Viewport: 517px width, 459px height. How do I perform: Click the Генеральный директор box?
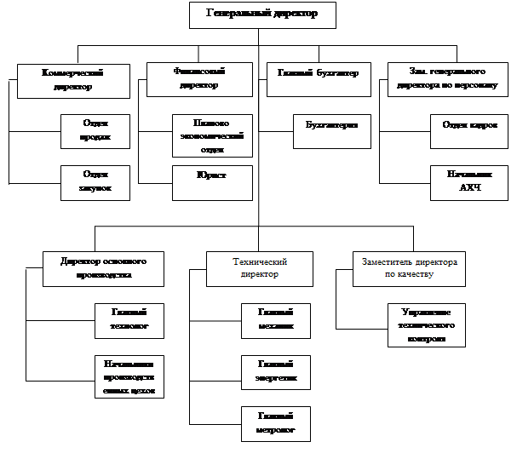tap(261, 14)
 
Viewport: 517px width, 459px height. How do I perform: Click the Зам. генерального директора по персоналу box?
tap(441, 80)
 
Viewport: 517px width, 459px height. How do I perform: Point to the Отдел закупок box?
tap(95, 182)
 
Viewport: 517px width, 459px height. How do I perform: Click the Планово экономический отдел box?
tap(212, 135)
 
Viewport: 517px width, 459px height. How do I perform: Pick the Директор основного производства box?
tap(103, 268)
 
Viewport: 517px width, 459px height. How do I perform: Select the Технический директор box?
tap(258, 268)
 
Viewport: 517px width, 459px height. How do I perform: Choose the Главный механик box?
tap(275, 320)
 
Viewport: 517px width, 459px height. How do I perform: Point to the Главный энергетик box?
tap(275, 371)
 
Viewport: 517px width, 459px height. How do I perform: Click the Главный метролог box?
tap(275, 423)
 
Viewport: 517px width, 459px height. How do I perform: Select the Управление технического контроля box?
tap(427, 324)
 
